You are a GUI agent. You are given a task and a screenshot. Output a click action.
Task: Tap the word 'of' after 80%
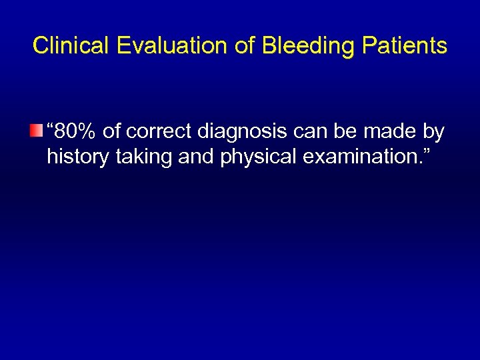pyautogui.click(x=113, y=132)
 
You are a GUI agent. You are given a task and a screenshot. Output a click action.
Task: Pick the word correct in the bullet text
pyautogui.click(x=159, y=132)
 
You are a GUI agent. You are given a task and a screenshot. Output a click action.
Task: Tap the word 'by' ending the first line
pyautogui.click(x=434, y=132)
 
